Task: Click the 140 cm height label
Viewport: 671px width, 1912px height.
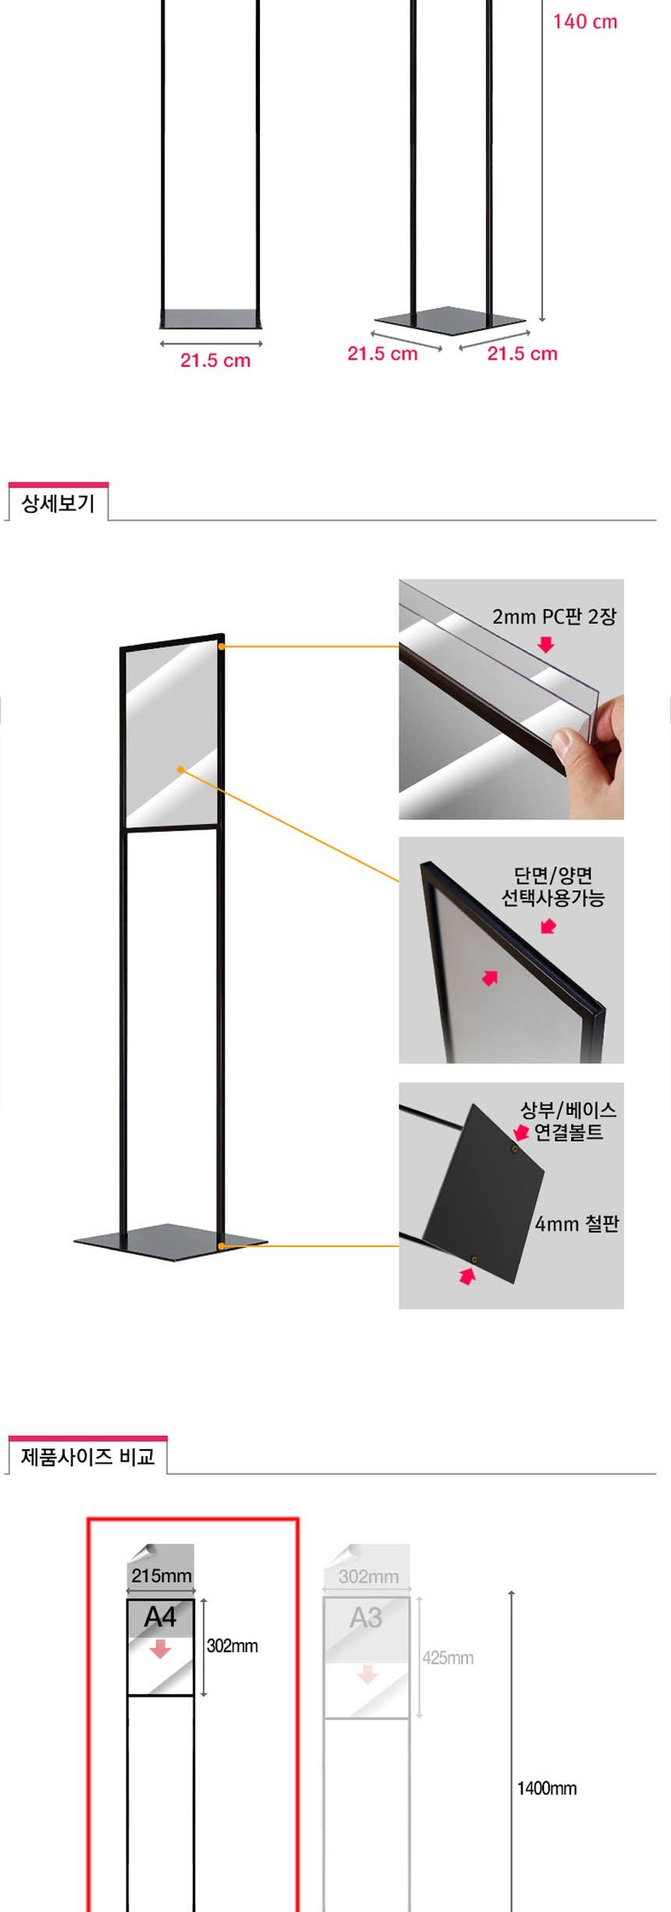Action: click(585, 22)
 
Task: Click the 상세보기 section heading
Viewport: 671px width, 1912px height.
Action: click(58, 503)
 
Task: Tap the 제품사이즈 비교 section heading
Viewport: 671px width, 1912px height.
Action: click(87, 1457)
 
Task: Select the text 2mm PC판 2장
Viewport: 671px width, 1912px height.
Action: click(554, 617)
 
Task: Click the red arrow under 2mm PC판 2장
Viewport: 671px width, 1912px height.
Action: click(546, 645)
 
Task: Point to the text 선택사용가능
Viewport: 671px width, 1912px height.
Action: click(552, 897)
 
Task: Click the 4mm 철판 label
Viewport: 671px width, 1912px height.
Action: click(577, 1224)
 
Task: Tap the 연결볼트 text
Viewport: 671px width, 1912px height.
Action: click(569, 1132)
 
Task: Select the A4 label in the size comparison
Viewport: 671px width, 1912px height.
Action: click(160, 1617)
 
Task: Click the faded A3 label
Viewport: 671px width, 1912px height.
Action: click(366, 1617)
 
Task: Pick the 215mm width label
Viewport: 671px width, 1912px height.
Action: click(162, 1576)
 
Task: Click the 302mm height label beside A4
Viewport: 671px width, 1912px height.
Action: click(232, 1646)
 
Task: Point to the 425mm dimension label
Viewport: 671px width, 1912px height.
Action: click(448, 1658)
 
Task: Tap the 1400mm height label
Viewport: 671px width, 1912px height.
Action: click(547, 1788)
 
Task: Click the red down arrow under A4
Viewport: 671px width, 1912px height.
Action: click(160, 1648)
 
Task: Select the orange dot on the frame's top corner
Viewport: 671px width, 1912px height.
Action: click(222, 647)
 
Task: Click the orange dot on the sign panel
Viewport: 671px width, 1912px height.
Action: click(180, 769)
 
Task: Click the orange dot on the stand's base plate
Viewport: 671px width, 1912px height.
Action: click(222, 1246)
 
